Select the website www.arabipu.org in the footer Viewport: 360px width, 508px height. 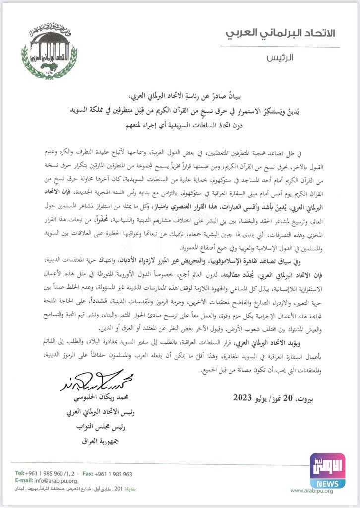coord(311,491)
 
